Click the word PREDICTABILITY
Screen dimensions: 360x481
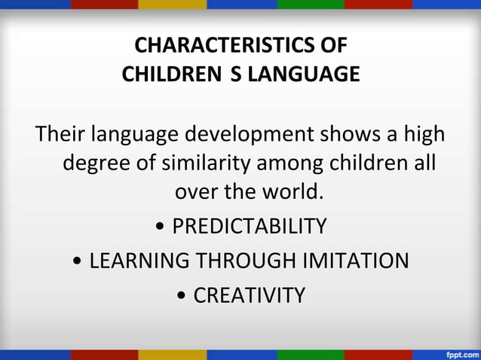[250, 226]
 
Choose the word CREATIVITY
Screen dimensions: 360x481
[250, 295]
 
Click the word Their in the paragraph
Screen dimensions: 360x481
[61, 136]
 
